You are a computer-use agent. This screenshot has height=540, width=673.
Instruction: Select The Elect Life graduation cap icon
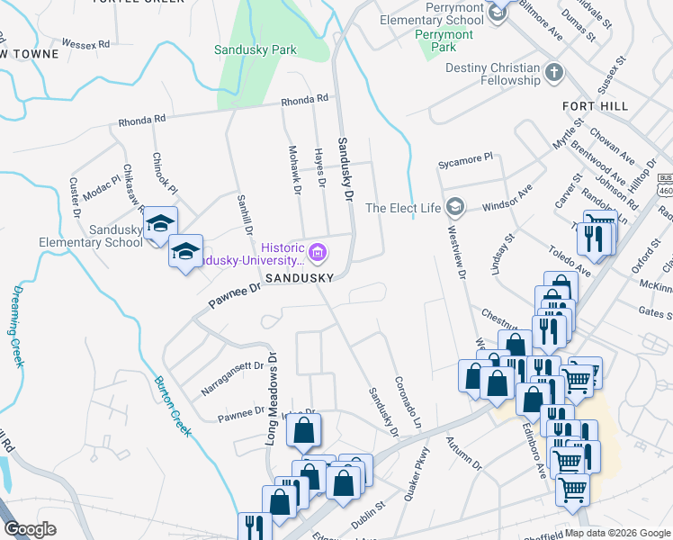coord(454,208)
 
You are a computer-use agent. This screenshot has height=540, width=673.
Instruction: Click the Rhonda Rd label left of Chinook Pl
coord(142,119)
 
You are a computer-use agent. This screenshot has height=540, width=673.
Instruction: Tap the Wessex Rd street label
coord(86,43)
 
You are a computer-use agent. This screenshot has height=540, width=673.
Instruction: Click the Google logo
coord(31,529)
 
